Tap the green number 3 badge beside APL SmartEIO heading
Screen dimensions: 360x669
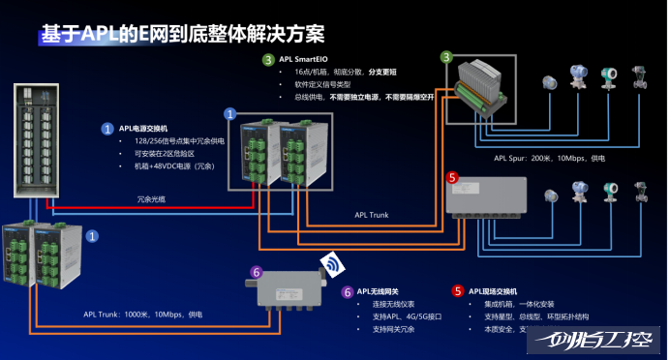268,60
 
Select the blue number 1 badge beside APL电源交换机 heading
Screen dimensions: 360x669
107,128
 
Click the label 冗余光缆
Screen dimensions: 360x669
152,200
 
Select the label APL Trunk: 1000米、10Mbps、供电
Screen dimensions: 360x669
143,315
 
